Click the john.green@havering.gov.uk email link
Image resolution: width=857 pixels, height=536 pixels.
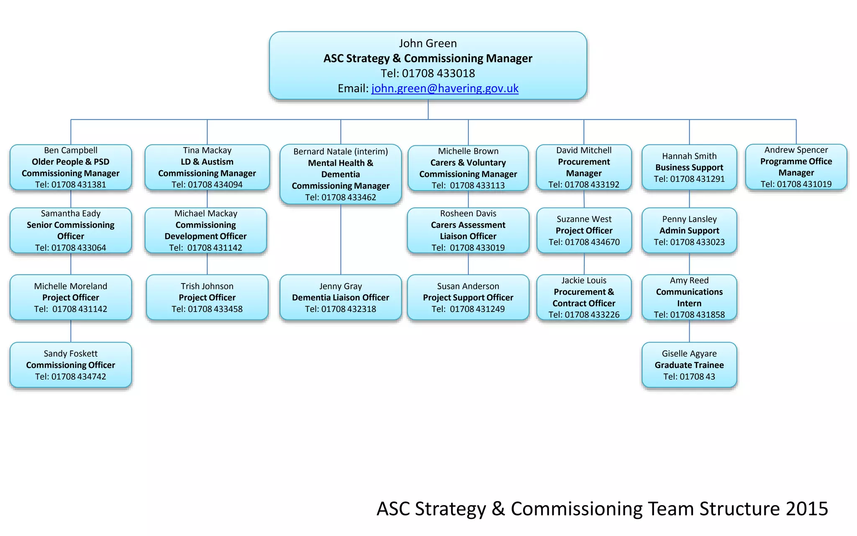445,88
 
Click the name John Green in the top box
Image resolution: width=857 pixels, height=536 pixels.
428,43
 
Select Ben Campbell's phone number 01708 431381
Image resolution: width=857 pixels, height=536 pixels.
79,185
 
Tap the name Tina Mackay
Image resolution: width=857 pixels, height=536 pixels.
207,150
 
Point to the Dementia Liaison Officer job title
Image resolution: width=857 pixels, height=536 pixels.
341,298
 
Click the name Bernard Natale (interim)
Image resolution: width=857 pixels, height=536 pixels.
341,152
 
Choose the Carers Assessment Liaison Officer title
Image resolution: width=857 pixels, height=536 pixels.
468,231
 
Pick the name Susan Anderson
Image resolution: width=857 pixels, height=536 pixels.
468,286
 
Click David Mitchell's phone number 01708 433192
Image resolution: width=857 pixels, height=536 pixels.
592,185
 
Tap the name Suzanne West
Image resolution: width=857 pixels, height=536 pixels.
584,219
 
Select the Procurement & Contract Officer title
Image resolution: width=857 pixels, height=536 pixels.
584,298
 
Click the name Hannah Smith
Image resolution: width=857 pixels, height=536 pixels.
689,156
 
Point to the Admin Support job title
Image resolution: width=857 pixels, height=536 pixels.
689,231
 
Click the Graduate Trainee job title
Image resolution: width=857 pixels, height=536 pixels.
689,365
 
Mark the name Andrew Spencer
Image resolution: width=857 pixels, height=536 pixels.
796,150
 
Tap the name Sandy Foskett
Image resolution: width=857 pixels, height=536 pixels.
71,354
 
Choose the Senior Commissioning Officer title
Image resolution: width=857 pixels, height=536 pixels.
71,231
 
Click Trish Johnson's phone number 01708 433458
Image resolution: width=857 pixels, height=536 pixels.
215,309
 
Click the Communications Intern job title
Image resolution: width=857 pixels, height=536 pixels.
689,298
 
